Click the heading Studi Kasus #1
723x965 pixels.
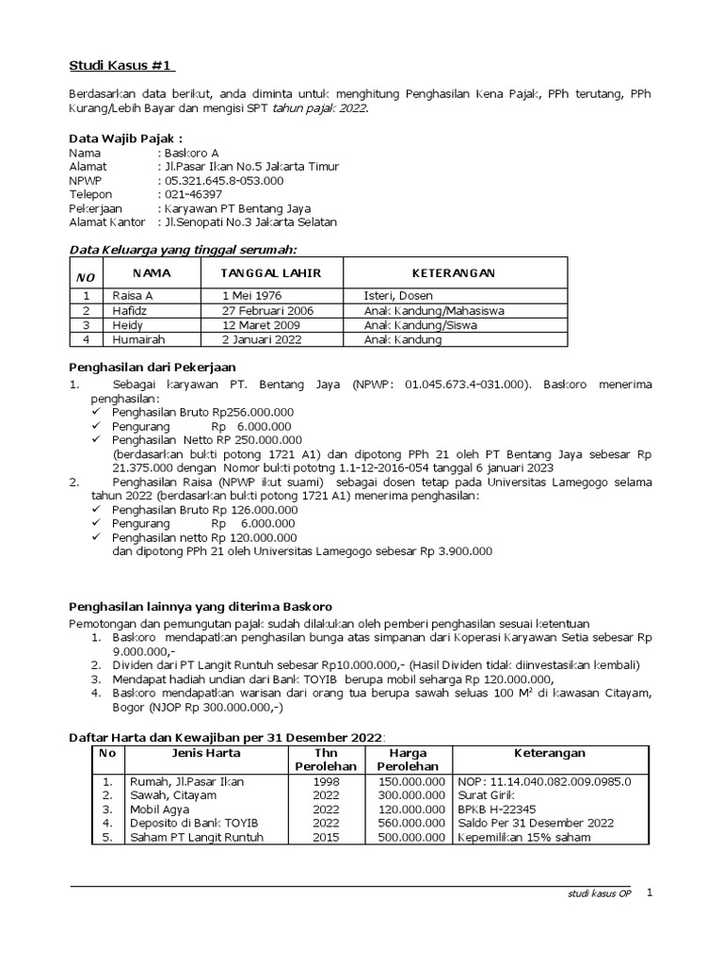[x=122, y=65]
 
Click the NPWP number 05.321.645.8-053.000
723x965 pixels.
[x=223, y=180]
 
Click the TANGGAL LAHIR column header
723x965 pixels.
[x=270, y=273]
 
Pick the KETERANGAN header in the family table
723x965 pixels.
[x=456, y=273]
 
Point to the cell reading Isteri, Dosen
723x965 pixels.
[x=398, y=296]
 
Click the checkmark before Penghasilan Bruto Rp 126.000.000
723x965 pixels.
[x=99, y=509]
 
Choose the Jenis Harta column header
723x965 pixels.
[x=205, y=753]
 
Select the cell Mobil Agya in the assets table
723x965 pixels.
[x=160, y=809]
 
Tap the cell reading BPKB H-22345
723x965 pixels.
[x=496, y=809]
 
